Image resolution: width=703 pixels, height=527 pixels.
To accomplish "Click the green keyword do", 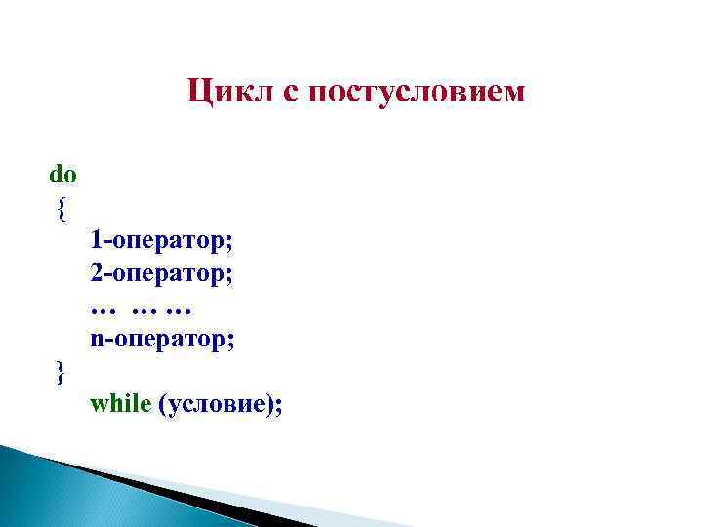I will point(62,175).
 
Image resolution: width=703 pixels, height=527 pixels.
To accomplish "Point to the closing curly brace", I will point(61,372).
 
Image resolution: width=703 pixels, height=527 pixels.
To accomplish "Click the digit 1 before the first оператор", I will point(96,239).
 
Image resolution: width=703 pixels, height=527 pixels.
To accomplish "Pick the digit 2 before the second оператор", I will point(96,272).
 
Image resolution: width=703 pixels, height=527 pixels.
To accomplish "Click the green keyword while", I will point(119,404).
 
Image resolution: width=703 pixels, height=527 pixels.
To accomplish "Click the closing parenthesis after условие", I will point(269,405).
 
